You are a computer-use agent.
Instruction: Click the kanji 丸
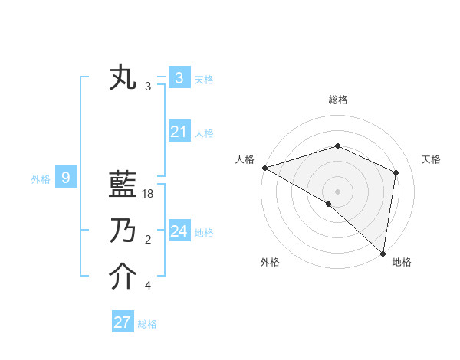point(123,78)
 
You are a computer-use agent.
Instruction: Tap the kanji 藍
point(123,186)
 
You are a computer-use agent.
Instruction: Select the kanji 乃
point(123,231)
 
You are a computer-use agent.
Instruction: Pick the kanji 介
point(123,277)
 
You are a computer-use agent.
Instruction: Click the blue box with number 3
point(179,78)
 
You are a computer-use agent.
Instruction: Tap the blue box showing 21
point(179,132)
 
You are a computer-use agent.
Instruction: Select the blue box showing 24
point(179,231)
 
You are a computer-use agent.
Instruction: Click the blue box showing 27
point(123,322)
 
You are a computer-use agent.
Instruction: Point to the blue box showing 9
point(66,178)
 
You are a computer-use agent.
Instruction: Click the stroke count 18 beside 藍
point(149,195)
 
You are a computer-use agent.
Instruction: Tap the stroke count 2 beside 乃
point(148,241)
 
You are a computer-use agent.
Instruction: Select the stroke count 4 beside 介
point(148,286)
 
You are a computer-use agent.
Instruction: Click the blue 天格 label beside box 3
point(204,79)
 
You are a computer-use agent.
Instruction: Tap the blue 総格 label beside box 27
point(147,324)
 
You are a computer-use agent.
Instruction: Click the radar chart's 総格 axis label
point(338,100)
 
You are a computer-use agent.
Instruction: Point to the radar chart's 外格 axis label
point(270,262)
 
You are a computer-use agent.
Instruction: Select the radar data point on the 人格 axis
point(264,167)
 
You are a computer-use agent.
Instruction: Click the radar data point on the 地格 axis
point(382,252)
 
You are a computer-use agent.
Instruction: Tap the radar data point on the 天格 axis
point(396,172)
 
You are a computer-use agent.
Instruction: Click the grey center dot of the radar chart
point(338,191)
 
